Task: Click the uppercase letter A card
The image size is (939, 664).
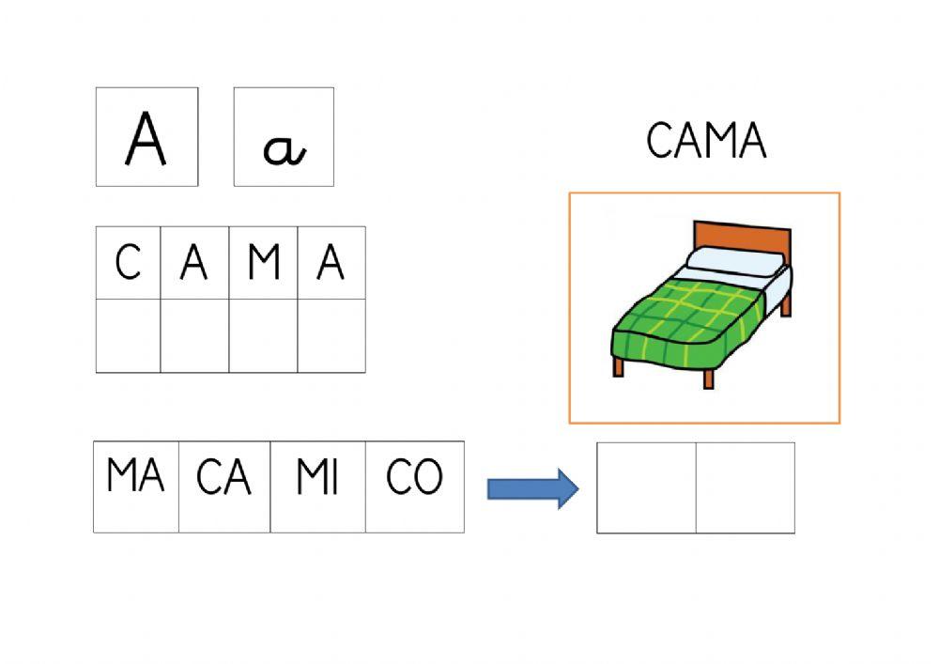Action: click(146, 137)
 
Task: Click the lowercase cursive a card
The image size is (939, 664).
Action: click(284, 137)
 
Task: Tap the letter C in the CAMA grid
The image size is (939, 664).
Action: click(128, 263)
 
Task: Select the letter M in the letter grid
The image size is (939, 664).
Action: click(264, 263)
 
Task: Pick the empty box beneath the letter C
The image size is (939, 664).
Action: click(128, 335)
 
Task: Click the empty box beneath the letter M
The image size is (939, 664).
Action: click(264, 335)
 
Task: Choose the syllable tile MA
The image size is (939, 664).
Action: click(136, 486)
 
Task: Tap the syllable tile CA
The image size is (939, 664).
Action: click(224, 486)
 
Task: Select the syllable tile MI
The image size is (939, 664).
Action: click(317, 486)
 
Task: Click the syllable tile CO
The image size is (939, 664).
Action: click(414, 486)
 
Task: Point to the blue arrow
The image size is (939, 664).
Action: click(531, 488)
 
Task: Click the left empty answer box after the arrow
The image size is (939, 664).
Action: click(646, 487)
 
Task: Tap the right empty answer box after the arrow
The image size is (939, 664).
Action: click(745, 487)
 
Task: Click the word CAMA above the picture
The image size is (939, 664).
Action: click(706, 142)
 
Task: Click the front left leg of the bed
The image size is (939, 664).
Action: click(618, 367)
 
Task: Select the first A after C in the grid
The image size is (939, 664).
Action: click(194, 263)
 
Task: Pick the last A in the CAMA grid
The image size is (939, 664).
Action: click(331, 263)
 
